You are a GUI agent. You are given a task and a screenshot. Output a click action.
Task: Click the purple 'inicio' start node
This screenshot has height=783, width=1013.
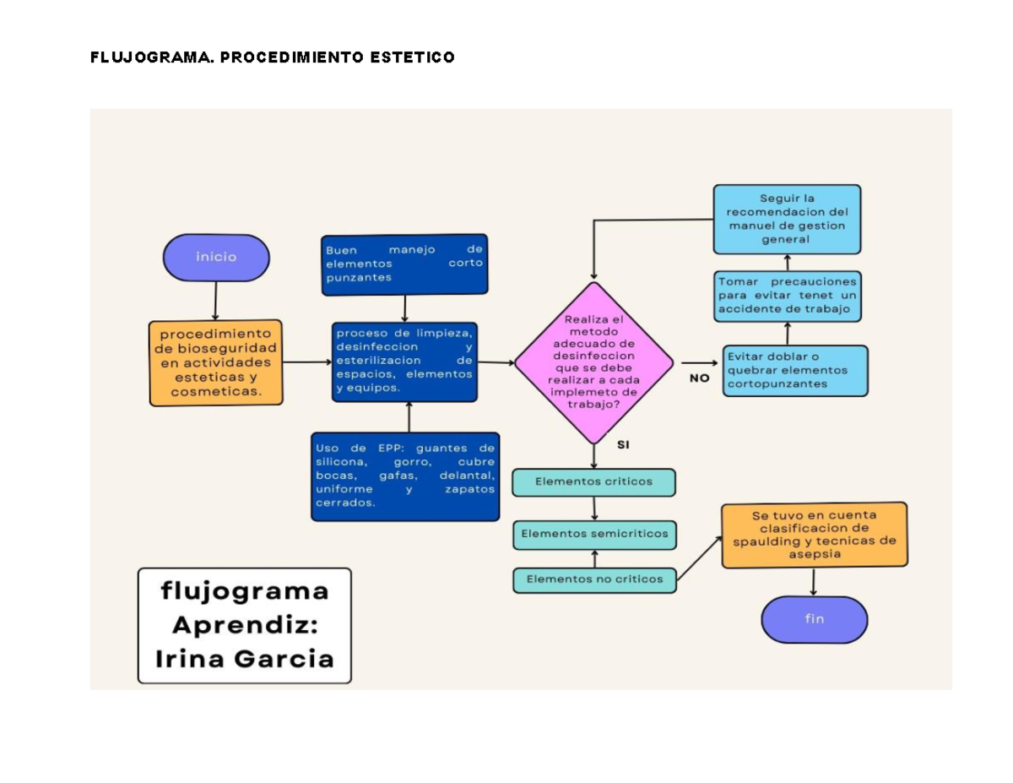coord(216,258)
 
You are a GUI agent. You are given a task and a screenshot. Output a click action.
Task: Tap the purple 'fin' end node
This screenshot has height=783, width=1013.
coord(814,619)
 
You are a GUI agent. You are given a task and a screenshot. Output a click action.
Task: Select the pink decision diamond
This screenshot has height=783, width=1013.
coord(593,363)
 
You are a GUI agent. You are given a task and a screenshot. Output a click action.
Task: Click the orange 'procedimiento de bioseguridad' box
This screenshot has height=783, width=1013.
coord(216,362)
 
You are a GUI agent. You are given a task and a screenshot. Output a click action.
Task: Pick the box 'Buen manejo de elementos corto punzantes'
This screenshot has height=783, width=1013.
coord(404,264)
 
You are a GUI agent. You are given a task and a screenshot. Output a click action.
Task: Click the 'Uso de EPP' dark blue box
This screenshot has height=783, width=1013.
coord(404,476)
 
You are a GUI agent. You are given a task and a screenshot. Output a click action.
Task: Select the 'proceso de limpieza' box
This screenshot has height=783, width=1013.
coord(404,362)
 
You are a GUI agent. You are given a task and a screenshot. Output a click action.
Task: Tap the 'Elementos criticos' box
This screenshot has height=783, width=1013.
coord(593,482)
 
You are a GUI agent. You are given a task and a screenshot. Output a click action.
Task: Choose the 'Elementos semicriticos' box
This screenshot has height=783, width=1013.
coord(594,534)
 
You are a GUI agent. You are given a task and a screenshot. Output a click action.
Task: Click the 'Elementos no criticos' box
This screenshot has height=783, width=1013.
coord(594,579)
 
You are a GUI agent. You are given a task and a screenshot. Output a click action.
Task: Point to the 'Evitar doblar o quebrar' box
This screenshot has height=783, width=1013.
coord(794,370)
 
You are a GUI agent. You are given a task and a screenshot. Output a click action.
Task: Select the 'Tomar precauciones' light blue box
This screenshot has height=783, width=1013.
coord(788,296)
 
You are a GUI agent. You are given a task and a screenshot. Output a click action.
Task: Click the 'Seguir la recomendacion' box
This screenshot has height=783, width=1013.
coord(787,219)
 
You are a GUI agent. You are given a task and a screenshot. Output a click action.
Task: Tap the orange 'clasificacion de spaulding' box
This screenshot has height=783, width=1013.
coord(814,535)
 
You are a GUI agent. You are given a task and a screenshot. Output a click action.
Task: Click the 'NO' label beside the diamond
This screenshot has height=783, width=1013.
coord(699,378)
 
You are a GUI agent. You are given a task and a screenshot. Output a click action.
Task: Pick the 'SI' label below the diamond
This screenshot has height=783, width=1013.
coord(623,445)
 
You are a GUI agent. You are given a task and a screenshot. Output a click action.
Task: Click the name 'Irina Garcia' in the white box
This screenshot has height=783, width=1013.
coord(244,658)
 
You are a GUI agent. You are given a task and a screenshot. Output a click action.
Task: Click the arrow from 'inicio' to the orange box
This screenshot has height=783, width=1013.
coord(216,301)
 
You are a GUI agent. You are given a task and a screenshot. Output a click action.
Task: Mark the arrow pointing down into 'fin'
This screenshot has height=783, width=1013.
coord(813,582)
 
